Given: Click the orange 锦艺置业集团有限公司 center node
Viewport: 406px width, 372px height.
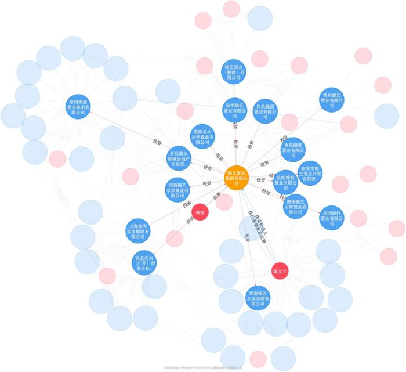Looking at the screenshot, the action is click(x=237, y=178).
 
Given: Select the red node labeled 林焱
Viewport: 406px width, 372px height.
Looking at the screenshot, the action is click(x=200, y=212).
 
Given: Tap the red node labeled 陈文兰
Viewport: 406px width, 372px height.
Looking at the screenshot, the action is click(x=280, y=270).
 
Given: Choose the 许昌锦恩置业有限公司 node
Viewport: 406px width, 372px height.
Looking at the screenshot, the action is click(x=266, y=111).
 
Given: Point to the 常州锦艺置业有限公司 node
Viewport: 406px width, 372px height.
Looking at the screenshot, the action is click(x=332, y=100).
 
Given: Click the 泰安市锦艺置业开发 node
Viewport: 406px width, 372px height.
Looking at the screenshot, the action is click(x=310, y=173).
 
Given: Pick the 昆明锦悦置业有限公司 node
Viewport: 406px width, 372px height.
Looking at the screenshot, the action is click(x=286, y=182).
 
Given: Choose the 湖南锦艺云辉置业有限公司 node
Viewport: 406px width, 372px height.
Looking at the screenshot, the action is click(x=295, y=206).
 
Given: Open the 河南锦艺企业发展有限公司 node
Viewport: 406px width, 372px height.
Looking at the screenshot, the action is click(x=258, y=298).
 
